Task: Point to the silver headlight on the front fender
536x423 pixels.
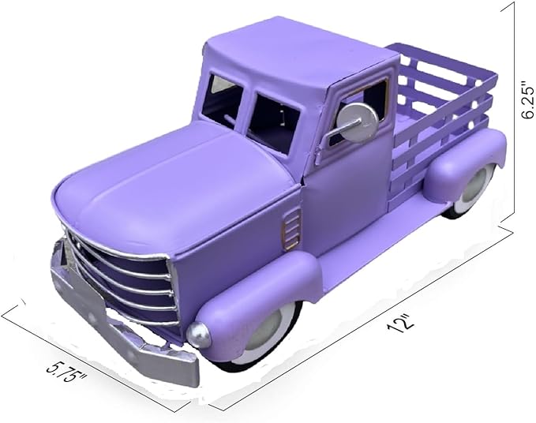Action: pos(201,335)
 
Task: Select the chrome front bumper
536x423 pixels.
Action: pos(118,324)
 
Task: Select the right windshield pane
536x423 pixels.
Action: pos(273,118)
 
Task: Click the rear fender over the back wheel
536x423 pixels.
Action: pos(466,162)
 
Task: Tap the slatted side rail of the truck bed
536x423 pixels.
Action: pos(442,110)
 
